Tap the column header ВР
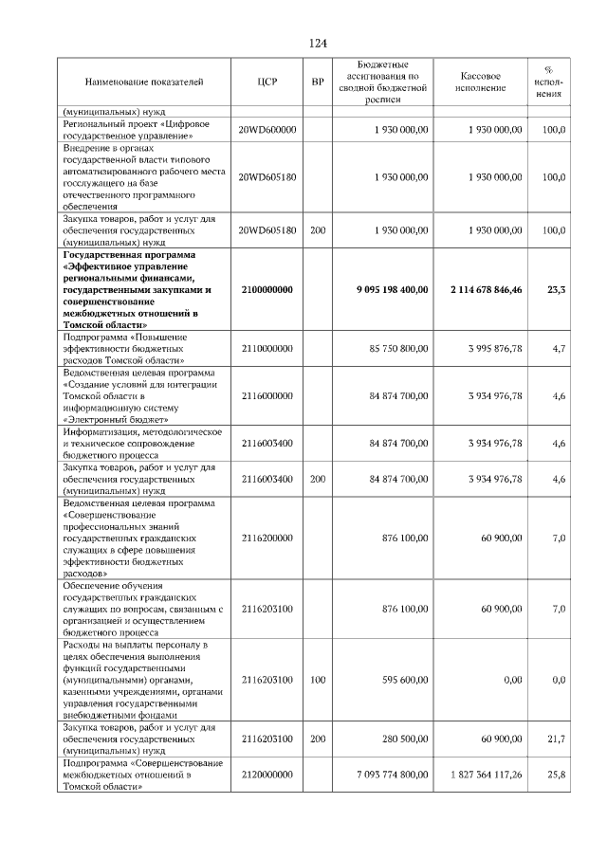318,82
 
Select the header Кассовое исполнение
481,82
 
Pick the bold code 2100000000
267,289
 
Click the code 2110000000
267,349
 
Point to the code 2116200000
267,539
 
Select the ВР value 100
318,680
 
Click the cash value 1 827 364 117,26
487,776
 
